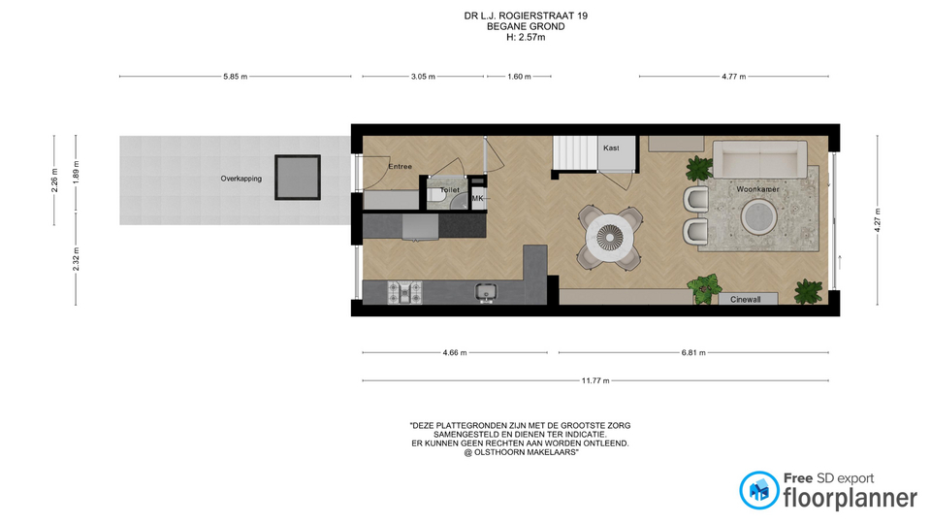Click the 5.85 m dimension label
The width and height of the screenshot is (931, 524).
235,77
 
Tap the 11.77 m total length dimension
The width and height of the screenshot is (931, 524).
595,380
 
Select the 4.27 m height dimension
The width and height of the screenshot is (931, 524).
878,220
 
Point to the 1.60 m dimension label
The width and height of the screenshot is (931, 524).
519,77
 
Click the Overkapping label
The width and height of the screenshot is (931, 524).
241,179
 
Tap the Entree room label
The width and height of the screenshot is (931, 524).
401,166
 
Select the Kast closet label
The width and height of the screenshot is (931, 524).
611,147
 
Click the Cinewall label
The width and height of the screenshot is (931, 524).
745,300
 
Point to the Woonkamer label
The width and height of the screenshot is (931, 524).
757,189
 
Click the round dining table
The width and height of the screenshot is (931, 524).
610,238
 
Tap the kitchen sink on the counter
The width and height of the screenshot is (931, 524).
486,292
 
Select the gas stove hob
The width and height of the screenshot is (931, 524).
405,292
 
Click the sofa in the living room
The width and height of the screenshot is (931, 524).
760,159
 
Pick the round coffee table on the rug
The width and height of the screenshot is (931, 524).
758,216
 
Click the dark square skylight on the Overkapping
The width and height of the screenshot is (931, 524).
298,177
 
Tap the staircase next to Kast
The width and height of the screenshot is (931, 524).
575,153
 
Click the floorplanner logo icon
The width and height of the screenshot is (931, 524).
758,490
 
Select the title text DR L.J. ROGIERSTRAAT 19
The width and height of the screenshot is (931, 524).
526,16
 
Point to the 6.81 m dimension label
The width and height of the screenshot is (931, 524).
692,353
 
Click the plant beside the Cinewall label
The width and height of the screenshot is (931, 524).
704,289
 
